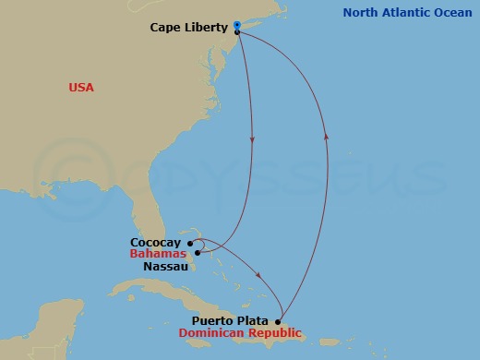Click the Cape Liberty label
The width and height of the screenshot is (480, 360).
[x=188, y=28]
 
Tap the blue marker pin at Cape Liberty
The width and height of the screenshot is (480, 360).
[x=237, y=24]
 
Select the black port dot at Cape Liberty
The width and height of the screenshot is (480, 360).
[x=238, y=32]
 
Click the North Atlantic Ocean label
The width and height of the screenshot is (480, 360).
[x=406, y=13]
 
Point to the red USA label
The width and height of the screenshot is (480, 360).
[x=81, y=88]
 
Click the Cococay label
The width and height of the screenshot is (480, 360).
[x=155, y=243]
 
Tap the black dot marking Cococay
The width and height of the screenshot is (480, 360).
[x=189, y=244]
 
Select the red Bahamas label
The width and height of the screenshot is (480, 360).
[x=157, y=254]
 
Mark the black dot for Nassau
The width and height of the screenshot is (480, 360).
[x=198, y=252]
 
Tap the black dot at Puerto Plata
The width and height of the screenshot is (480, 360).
[x=278, y=321]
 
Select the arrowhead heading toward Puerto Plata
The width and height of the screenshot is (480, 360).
[x=260, y=275]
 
